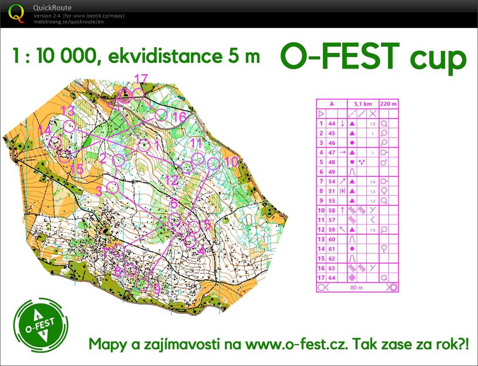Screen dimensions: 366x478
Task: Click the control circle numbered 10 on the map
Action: click(213, 163)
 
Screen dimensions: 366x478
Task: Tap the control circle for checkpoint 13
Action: click(69, 126)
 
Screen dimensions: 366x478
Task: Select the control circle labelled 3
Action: click(112, 187)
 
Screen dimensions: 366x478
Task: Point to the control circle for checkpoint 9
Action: click(143, 284)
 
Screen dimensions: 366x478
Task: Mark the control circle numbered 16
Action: click(160, 115)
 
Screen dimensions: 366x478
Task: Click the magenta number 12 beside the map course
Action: click(172, 180)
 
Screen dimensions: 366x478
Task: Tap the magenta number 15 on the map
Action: click(77, 169)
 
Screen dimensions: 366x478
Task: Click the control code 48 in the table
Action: click(332, 162)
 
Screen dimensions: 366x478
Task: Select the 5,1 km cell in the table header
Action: click(362, 103)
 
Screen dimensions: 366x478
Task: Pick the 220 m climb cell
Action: click(389, 103)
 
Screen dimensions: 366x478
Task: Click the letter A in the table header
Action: click(332, 103)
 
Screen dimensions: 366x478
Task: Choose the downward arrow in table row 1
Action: click(342, 123)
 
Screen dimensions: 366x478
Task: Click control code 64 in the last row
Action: click(332, 277)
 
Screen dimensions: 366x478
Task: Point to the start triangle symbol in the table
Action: click(321, 114)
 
